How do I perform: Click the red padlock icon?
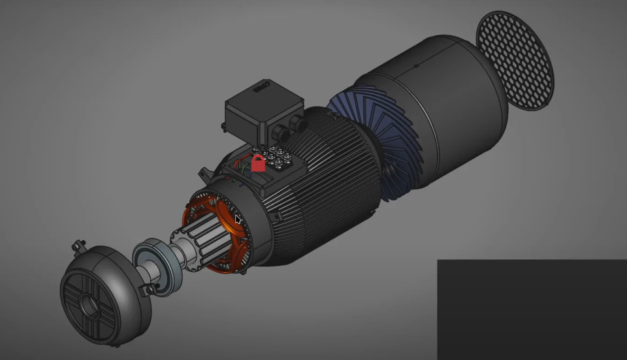coord(258,163)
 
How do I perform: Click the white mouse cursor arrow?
coord(238,220)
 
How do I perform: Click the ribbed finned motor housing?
coord(327,196)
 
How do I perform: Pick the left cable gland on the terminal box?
coord(277,133)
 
